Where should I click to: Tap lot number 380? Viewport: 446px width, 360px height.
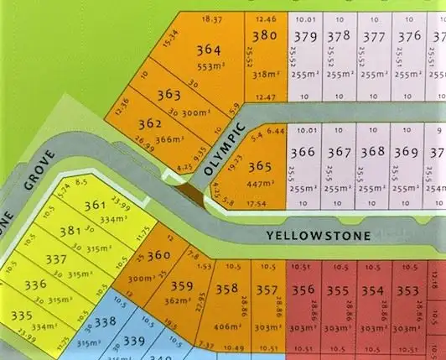tap(264, 35)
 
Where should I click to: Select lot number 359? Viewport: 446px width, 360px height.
tap(182, 287)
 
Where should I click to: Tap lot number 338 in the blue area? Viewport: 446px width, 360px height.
tap(105, 321)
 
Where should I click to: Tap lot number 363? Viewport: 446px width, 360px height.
tap(169, 94)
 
